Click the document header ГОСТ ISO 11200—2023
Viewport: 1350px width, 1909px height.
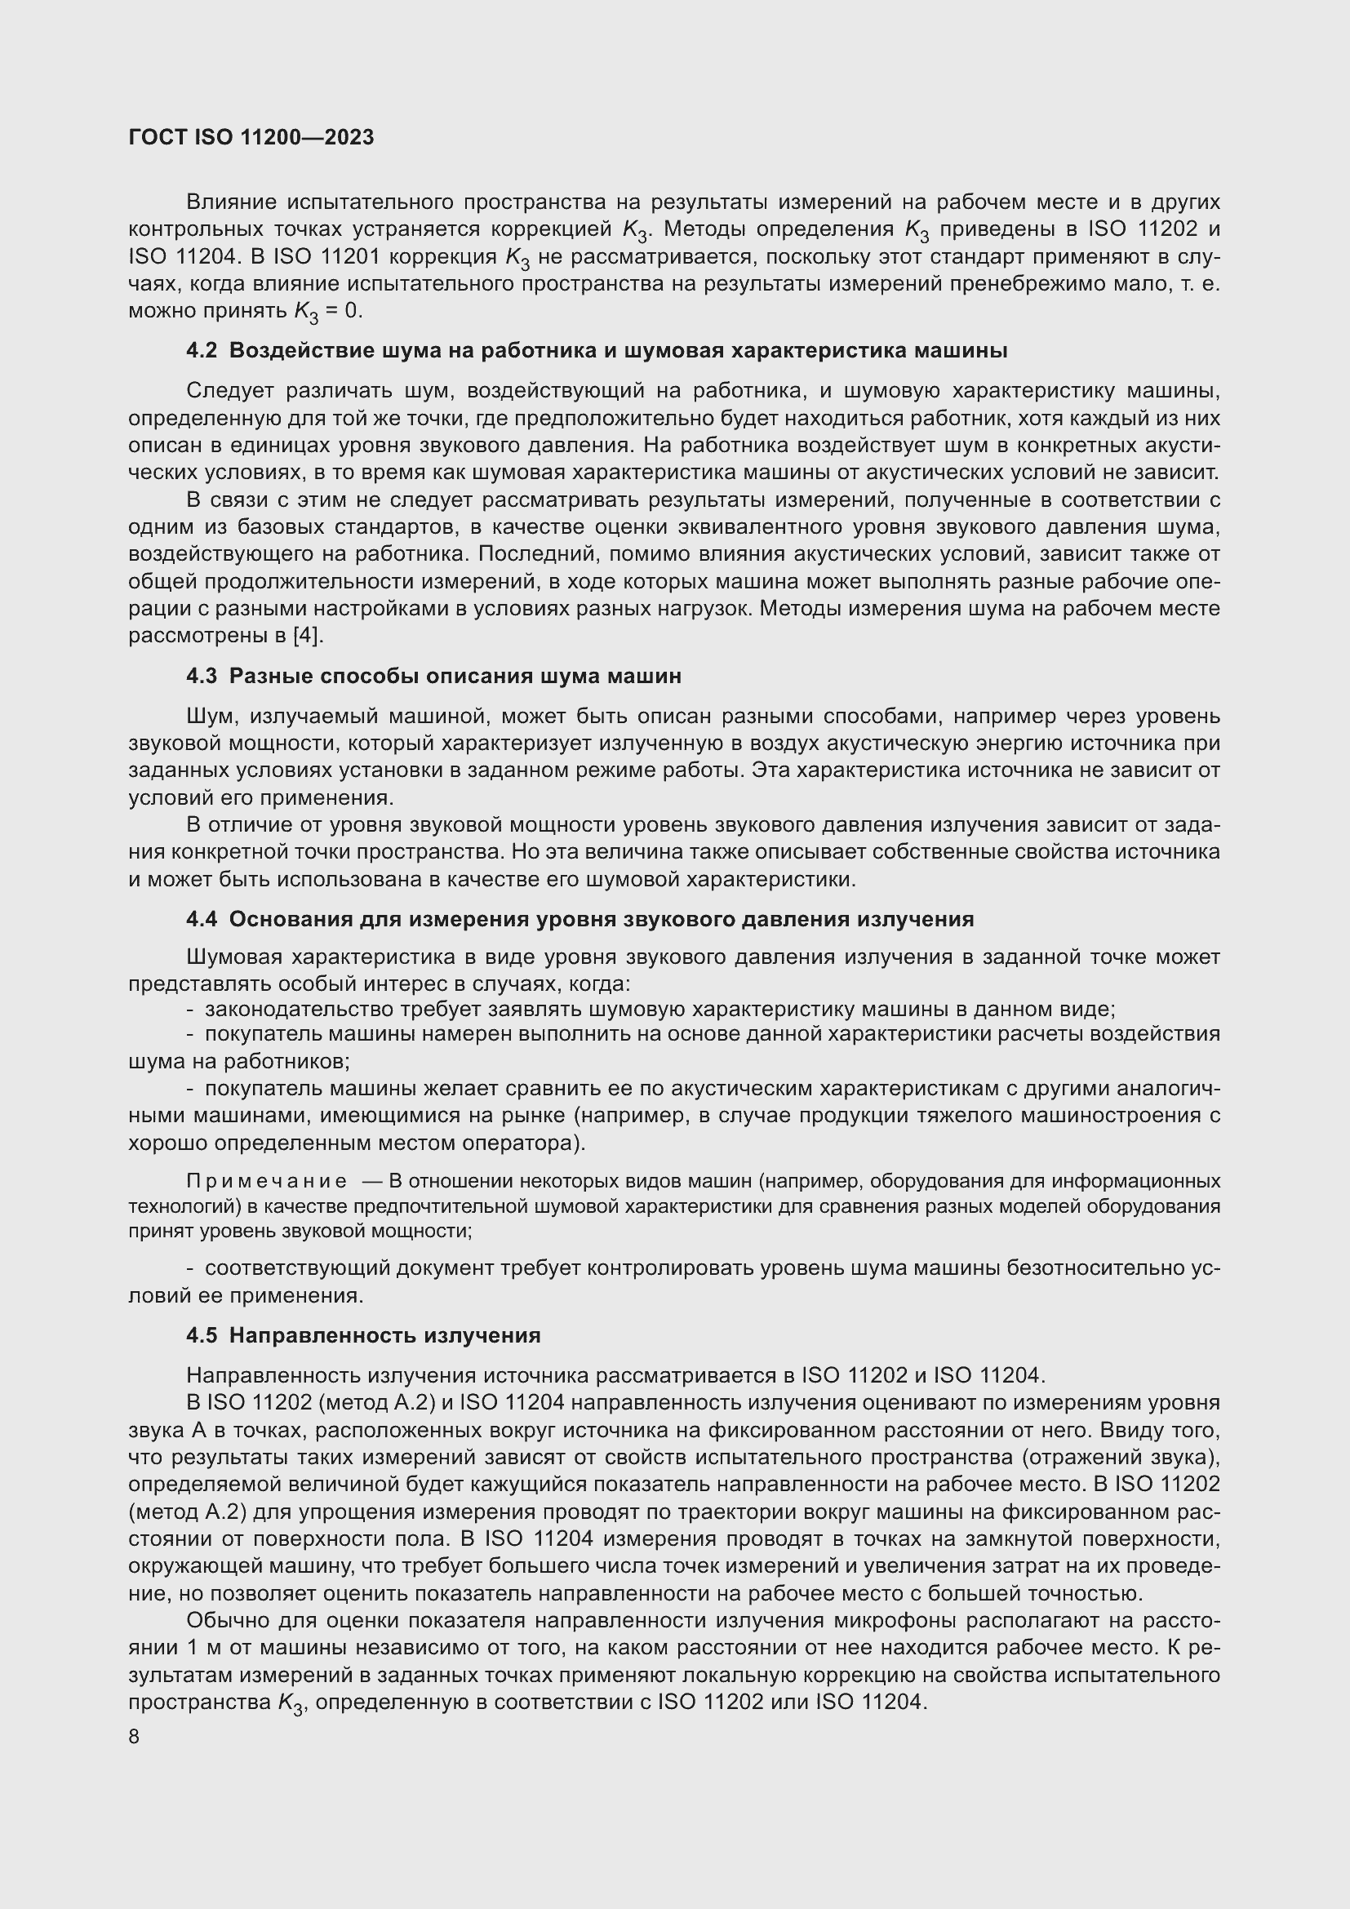pos(251,137)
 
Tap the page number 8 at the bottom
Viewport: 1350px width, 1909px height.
pos(134,1737)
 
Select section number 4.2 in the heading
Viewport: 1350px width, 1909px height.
pos(201,351)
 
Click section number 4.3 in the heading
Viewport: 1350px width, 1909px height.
pos(201,676)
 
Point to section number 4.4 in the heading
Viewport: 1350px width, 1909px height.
pos(201,920)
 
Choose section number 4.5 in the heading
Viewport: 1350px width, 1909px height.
pos(201,1335)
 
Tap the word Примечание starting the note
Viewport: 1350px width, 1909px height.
pos(267,1182)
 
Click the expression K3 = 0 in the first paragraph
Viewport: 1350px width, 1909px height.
pos(327,312)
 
